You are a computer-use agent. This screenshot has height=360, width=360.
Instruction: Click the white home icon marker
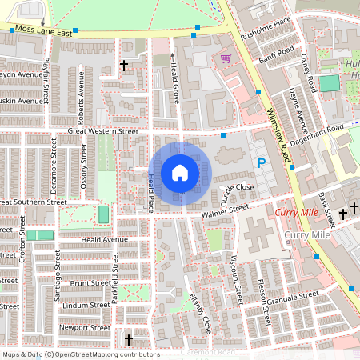coord(180,173)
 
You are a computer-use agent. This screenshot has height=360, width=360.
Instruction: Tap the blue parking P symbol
coord(261,162)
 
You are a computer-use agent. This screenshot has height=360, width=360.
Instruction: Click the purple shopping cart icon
coord(226,58)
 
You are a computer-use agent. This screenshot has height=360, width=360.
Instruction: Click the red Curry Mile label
coord(297,214)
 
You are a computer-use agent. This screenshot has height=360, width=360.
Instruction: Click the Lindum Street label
coord(86,305)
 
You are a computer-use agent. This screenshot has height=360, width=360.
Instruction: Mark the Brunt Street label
coord(89,283)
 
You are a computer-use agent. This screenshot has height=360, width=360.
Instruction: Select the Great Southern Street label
coord(32,202)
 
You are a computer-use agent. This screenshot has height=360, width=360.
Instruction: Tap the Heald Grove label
coord(174,78)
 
